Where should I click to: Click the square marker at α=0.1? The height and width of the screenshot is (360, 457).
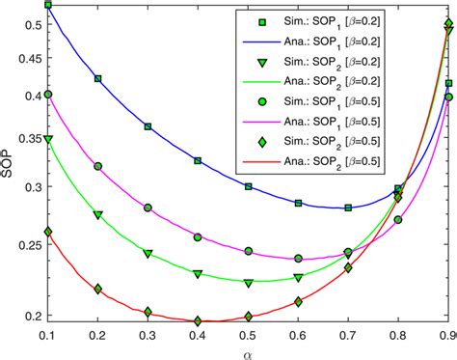tap(48, 6)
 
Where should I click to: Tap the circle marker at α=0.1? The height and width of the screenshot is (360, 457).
tap(48, 95)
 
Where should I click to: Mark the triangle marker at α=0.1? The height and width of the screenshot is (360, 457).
tap(48, 140)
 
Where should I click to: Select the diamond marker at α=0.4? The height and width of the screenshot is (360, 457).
tap(198, 320)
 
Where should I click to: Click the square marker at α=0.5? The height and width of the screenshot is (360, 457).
tap(249, 186)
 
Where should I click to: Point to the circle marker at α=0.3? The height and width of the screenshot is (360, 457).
tap(148, 208)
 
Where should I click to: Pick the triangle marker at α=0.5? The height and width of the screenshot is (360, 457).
tap(249, 283)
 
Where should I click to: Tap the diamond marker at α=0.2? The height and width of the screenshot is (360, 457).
tap(97, 289)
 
